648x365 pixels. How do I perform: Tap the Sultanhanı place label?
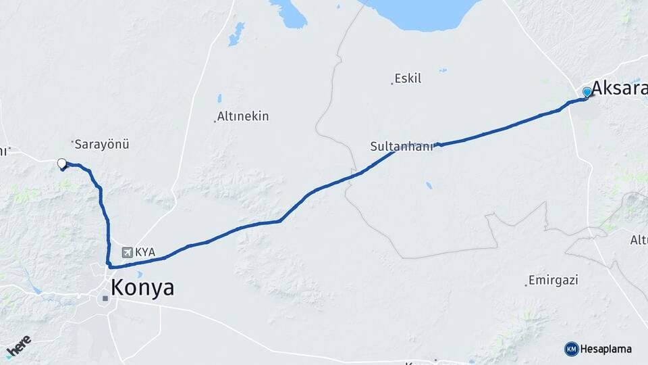click(x=401, y=146)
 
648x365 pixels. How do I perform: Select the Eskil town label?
click(x=408, y=78)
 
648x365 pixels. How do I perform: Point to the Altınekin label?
click(x=244, y=116)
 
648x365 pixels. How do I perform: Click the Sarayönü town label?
click(x=102, y=143)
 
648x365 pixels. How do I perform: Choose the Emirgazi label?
click(x=554, y=280)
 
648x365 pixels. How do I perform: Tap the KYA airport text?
click(x=145, y=252)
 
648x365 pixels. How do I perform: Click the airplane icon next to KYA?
click(x=127, y=252)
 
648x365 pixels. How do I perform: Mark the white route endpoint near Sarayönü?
click(x=62, y=163)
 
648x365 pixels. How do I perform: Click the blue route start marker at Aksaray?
click(x=587, y=92)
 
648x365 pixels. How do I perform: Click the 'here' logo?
click(x=18, y=347)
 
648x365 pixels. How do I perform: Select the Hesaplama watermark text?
click(x=606, y=349)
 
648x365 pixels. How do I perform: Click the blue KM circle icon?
click(x=572, y=349)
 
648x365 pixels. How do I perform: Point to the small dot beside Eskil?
click(x=392, y=83)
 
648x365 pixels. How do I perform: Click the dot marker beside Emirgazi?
click(x=526, y=285)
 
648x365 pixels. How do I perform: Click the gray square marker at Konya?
click(x=105, y=297)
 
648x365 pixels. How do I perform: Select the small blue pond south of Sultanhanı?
click(x=429, y=185)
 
